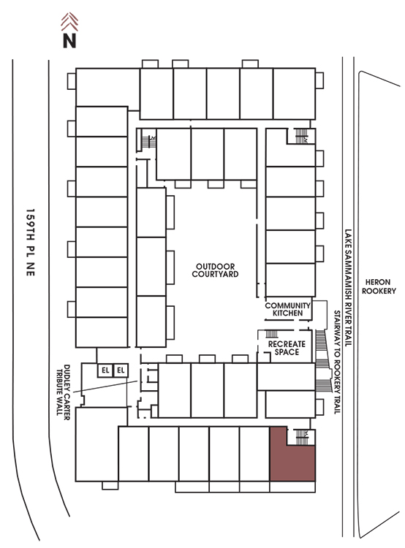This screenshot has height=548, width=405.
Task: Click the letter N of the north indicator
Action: coord(69,40)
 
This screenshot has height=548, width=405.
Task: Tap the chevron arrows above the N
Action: coord(69,22)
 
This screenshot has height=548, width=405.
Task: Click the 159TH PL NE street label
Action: coord(31,243)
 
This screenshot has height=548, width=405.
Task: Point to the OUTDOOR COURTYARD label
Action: coord(215,270)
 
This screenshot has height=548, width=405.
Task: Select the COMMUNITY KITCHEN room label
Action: coord(288,309)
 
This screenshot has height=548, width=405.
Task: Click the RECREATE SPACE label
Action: coord(287,348)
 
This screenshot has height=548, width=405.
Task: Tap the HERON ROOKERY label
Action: coord(379,286)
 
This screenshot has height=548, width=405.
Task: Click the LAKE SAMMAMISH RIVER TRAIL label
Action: coord(348,288)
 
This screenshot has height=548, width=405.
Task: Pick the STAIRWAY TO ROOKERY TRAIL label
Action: coord(337,362)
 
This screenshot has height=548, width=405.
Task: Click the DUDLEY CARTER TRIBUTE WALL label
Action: coord(63,392)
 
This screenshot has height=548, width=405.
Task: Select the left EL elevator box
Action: coord(105,370)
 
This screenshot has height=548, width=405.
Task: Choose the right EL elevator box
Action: coord(121,370)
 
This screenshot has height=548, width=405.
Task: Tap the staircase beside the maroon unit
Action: coord(301,437)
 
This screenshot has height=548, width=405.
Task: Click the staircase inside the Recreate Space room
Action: coord(272,334)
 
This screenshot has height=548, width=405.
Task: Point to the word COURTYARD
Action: coord(215,274)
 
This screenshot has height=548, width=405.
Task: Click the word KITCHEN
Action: coord(288,313)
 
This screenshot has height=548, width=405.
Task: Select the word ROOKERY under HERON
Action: coord(379,291)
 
